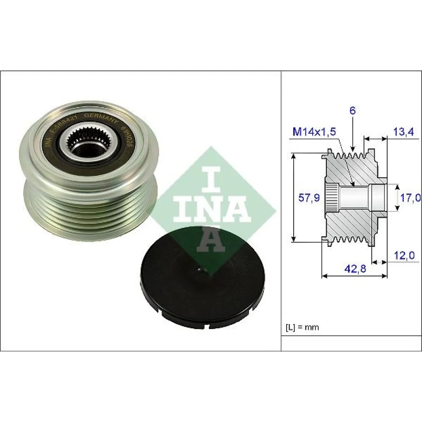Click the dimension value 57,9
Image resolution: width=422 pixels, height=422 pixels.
(x=309, y=197)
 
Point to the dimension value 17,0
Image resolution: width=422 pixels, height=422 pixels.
(x=410, y=197)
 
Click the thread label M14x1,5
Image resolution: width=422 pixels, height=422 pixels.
(x=314, y=132)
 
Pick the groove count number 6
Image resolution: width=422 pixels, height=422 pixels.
(x=352, y=111)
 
